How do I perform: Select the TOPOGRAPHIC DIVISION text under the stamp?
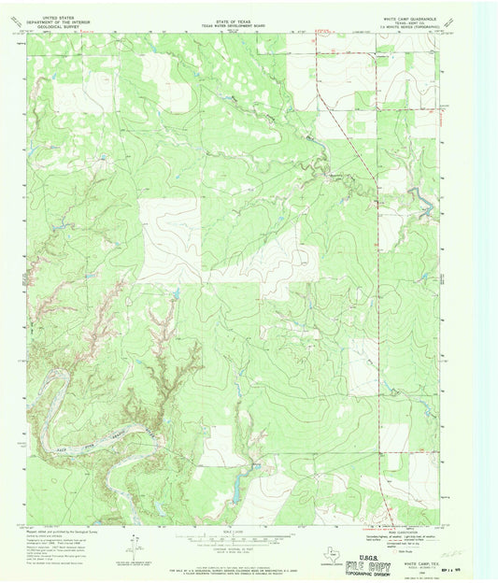(x=350, y=573)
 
